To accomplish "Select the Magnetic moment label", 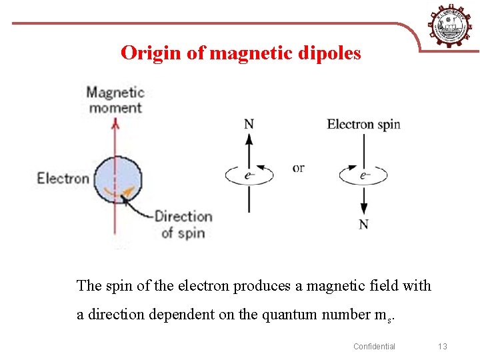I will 115,99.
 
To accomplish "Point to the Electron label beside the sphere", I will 63,178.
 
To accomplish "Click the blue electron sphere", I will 117,179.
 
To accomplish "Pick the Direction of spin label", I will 183,224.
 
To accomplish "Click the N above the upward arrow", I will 249,124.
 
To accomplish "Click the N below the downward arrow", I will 363,224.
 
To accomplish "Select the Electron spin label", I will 363,124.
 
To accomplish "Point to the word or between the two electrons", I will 298,168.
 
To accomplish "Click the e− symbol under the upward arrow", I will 249,176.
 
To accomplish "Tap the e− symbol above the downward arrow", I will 364,176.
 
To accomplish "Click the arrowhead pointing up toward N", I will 249,139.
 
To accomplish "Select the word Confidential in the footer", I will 374,346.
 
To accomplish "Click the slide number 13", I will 442,346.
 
